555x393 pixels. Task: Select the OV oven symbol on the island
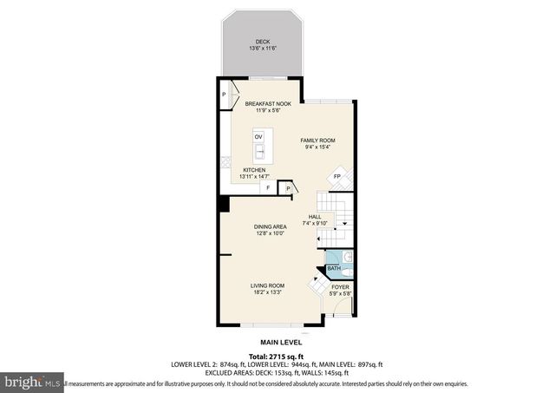coord(258,137)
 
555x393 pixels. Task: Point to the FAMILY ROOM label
coord(317,141)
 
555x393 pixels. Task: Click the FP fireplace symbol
coord(337,178)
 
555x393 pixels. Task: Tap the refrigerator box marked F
coord(268,187)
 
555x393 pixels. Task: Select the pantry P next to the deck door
coord(224,95)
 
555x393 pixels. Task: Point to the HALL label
coord(315,218)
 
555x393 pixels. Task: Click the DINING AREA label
coord(271,227)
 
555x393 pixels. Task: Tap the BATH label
coord(334,269)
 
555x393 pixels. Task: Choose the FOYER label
coord(341,287)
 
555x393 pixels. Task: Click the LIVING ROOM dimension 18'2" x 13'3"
coord(266,292)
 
